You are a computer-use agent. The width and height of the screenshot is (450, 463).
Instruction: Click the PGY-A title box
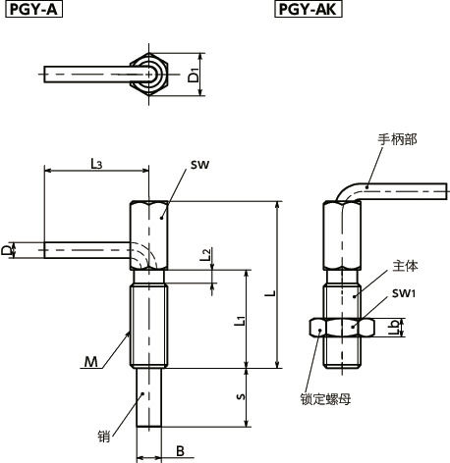click(x=33, y=9)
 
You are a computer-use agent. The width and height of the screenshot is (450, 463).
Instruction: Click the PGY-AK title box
click(x=308, y=9)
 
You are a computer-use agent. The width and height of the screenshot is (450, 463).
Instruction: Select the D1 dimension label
click(x=195, y=75)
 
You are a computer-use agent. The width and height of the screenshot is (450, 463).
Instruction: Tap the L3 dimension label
click(x=96, y=164)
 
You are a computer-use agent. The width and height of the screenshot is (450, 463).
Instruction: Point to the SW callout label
click(x=199, y=165)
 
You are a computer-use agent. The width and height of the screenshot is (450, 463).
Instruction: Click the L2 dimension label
click(x=205, y=254)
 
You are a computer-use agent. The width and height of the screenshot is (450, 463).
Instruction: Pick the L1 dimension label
click(x=240, y=320)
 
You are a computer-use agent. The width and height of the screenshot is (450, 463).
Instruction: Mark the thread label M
click(x=91, y=362)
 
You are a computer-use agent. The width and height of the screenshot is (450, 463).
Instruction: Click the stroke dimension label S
click(x=241, y=396)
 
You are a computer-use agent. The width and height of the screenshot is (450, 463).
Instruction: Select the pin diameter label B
click(x=180, y=451)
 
